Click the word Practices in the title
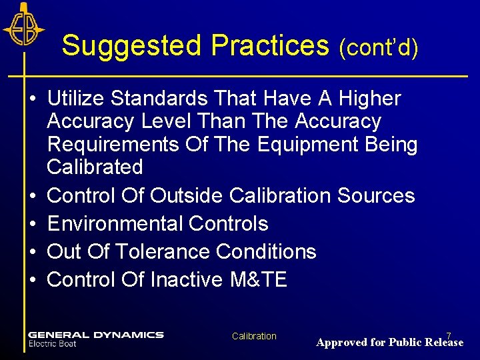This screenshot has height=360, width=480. coord(270,46)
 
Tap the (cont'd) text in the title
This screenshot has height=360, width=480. coord(379,47)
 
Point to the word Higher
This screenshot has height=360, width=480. coord(370,99)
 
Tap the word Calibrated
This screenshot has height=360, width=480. coord(95,167)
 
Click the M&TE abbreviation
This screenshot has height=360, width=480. coord(258,279)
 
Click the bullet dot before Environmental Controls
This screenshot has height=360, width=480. coord(32,224)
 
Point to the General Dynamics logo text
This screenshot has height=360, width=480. coord(95,335)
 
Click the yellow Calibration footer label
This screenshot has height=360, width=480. coord(254,336)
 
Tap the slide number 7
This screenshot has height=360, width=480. coord(449,335)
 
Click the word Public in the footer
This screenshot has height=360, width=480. coord(405,343)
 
